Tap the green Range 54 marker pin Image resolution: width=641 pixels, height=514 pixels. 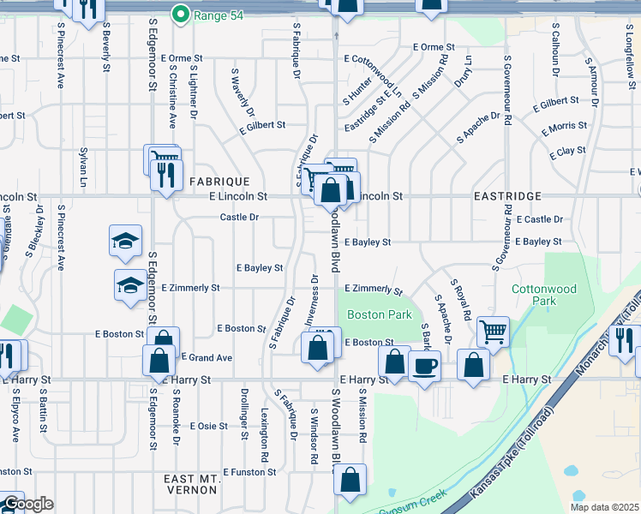[x=181, y=14]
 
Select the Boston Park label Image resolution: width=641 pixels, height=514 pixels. [x=380, y=314]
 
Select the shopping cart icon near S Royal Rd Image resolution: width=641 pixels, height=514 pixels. [x=492, y=330]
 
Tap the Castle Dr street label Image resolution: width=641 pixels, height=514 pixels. [x=239, y=218]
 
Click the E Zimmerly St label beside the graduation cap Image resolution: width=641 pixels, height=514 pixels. [x=190, y=289]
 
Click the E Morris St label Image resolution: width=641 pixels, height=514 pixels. [x=565, y=127]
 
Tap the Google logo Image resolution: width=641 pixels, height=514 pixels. [x=27, y=504]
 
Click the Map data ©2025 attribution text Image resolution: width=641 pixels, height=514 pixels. [x=603, y=507]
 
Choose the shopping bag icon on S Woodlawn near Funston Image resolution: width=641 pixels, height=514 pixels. [x=350, y=481]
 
